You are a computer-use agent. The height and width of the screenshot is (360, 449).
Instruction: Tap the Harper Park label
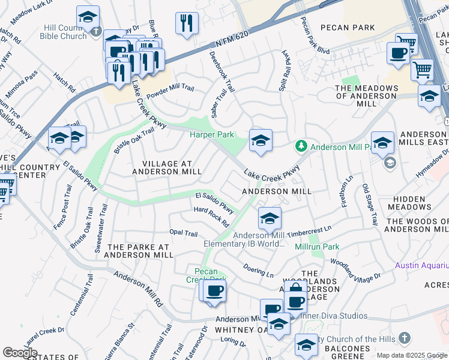[212, 135]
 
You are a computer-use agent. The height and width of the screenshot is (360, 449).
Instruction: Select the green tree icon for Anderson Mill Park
[301, 146]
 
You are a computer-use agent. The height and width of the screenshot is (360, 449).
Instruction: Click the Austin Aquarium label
[421, 265]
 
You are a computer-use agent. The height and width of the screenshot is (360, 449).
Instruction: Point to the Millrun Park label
[317, 247]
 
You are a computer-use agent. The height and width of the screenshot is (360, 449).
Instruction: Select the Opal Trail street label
[183, 233]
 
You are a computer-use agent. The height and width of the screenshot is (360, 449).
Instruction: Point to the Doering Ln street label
[259, 270]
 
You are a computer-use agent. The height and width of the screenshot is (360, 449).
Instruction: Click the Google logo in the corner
[20, 352]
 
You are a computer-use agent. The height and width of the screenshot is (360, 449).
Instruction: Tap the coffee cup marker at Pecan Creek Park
[214, 290]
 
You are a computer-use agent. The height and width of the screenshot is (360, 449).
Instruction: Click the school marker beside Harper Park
[261, 141]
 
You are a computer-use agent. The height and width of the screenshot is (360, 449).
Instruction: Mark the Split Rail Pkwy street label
[283, 71]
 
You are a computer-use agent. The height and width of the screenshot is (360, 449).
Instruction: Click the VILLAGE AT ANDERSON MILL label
[167, 167]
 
